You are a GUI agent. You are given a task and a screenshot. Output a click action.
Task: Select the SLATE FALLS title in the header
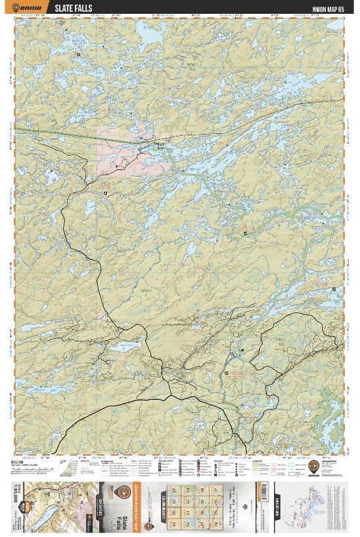pyautogui.click(x=73, y=9)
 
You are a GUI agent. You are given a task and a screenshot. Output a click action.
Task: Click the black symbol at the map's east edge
pyautogui.click(x=335, y=290)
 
